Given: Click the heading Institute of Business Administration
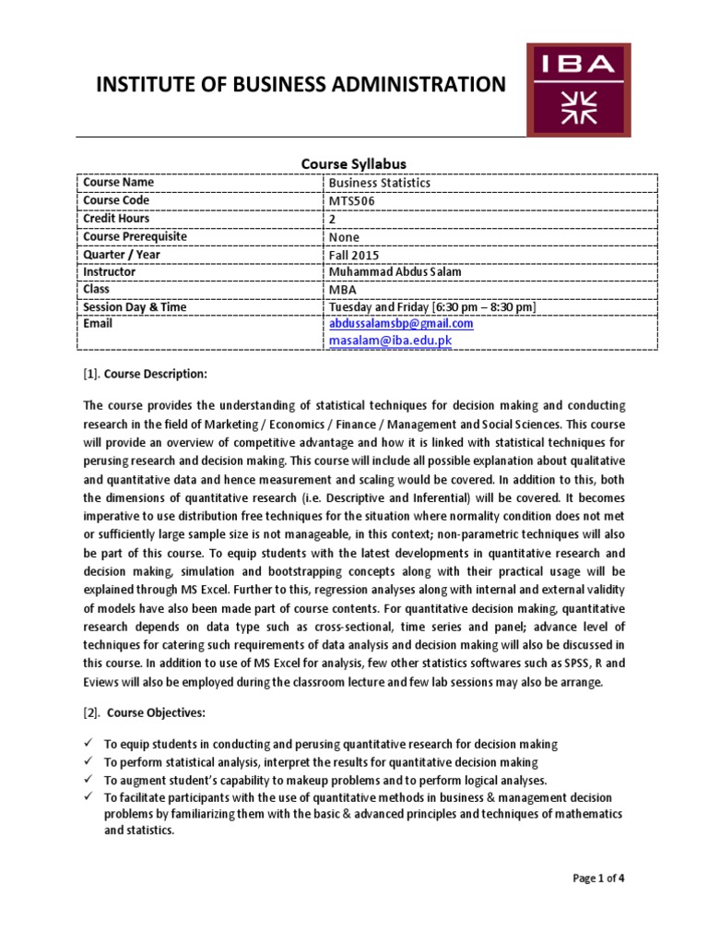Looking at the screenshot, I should tap(301, 85).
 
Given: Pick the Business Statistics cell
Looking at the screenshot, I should tap(379, 183).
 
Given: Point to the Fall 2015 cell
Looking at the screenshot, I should tap(353, 255).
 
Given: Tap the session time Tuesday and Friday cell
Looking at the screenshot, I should tap(432, 307).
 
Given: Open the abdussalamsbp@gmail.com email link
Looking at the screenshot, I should tap(401, 324).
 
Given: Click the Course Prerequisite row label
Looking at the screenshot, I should tap(135, 236).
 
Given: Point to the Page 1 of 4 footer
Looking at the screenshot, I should tap(598, 878).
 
